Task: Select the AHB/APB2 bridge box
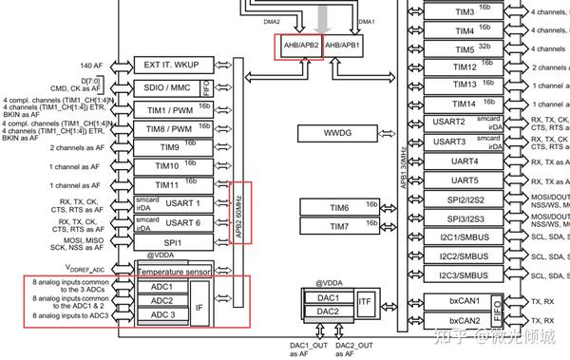coord(297,45)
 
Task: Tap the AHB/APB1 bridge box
coord(345,45)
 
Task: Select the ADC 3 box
coord(162,314)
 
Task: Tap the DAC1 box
coord(328,296)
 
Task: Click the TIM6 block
coord(340,207)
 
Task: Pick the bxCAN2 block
coord(465,321)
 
